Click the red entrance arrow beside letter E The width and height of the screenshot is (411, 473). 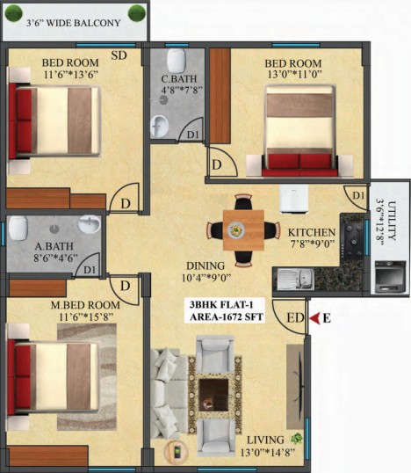315,318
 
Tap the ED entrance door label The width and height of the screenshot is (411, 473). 295,318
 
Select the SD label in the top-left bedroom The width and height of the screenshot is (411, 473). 119,55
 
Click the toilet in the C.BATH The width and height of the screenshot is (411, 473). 177,60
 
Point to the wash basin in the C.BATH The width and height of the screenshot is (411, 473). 160,127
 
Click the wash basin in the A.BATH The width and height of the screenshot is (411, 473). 90,224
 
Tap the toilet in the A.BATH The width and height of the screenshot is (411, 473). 18,228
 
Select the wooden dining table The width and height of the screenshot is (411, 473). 243,230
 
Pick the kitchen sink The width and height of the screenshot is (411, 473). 295,280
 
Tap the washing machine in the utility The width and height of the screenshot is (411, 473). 390,277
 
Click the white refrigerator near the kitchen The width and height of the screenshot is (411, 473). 294,199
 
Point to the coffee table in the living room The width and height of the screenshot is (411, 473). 213,395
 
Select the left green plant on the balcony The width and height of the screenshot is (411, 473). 14,13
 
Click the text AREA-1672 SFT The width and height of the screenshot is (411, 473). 227,317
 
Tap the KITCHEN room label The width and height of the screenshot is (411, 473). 311,233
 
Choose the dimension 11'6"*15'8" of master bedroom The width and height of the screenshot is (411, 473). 86,317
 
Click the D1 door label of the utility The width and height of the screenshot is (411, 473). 358,196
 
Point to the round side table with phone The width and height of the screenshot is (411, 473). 176,452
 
